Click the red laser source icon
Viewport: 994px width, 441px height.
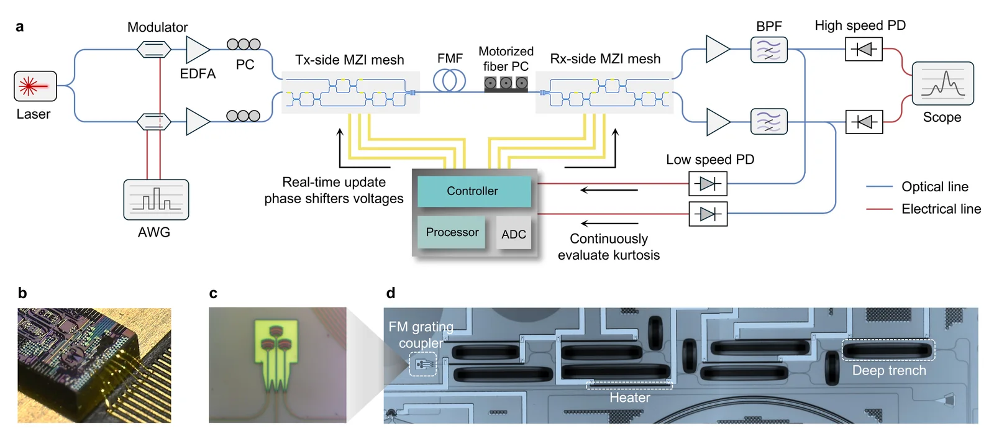35,86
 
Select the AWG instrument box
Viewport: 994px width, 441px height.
156,199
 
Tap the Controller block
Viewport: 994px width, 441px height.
474,191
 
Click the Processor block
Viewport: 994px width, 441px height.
452,232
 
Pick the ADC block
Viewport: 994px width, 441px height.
513,234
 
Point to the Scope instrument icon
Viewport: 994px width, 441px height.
943,83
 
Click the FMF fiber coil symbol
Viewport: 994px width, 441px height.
450,81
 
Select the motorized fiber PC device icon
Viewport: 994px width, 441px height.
506,84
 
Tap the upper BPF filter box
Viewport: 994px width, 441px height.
769,50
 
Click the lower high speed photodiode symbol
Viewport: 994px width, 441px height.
864,122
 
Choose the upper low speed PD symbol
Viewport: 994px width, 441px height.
708,184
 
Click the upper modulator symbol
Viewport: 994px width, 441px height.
154,49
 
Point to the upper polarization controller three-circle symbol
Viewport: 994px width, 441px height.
244,44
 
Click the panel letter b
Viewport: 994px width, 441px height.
22,293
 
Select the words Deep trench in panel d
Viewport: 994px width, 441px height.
889,370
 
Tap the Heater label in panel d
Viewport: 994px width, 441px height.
630,398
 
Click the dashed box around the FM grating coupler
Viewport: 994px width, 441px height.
423,364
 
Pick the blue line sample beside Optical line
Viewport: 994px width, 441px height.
879,187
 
